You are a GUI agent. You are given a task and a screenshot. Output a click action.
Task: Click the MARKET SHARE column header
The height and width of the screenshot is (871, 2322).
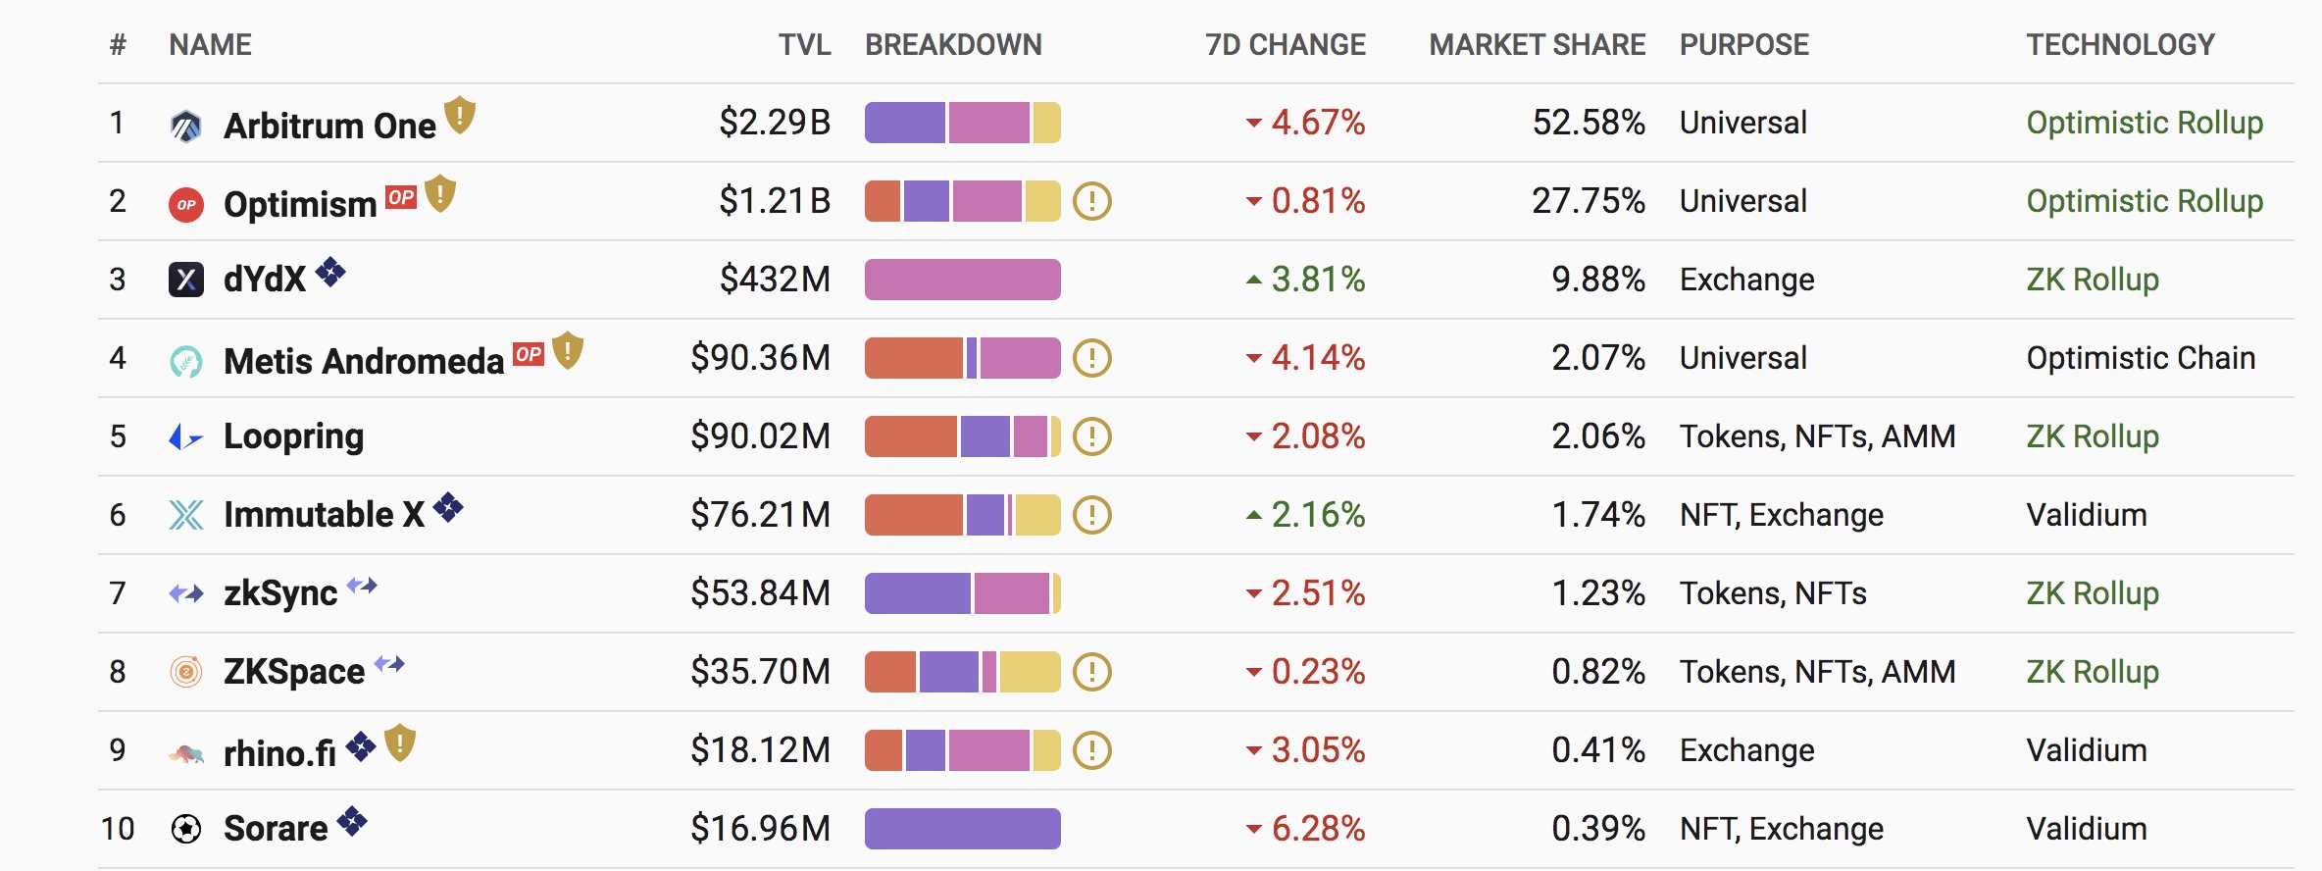(x=1537, y=45)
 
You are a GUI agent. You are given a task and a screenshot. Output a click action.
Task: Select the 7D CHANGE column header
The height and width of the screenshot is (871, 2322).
(x=1285, y=45)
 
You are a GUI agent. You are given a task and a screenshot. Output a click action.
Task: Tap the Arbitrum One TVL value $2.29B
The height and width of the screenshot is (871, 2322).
(x=775, y=123)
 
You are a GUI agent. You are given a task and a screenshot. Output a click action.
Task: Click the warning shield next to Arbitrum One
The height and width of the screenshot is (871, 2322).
(x=460, y=116)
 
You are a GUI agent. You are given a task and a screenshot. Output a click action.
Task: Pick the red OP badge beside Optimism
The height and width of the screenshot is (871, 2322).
(x=401, y=197)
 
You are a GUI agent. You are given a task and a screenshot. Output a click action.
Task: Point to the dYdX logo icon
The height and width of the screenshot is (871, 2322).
(x=186, y=280)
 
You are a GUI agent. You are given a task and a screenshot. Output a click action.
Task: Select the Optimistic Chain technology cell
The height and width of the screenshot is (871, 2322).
(x=2141, y=358)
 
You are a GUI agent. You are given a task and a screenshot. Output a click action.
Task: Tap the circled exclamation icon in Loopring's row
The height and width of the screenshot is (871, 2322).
(x=1091, y=436)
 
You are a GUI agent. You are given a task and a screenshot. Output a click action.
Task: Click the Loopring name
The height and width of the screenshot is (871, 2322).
(x=293, y=436)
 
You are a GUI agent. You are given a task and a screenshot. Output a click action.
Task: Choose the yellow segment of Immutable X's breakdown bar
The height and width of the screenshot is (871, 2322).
(x=1036, y=515)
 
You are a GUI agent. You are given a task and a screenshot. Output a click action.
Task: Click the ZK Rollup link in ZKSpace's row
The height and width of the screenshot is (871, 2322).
(x=2093, y=672)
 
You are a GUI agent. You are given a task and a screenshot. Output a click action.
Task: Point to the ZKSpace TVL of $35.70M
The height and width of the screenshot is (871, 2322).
(x=760, y=672)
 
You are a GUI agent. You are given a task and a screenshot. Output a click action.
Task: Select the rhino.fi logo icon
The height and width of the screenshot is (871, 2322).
(x=186, y=753)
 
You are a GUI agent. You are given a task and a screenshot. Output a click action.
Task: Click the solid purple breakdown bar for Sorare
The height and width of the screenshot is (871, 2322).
(x=962, y=829)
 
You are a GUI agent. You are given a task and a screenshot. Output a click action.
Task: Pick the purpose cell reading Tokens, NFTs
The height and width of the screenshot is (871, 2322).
(x=1773, y=593)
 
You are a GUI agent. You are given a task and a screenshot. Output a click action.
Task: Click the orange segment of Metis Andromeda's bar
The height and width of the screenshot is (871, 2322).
(x=914, y=358)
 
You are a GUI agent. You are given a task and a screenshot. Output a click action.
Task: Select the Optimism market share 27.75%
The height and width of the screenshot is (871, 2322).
(x=1588, y=201)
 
